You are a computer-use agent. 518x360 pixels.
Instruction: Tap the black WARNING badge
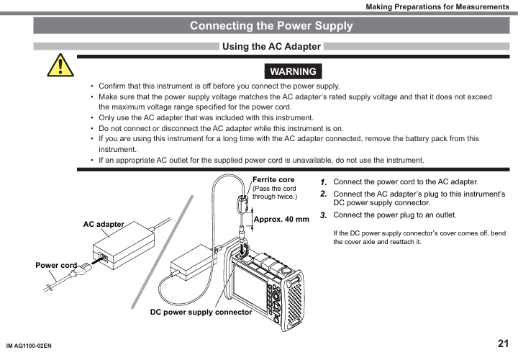click(293, 71)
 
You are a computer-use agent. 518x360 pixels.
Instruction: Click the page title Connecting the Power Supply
click(271, 26)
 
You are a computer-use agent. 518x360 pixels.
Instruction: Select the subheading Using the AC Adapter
click(271, 47)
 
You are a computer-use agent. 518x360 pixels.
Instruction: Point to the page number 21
click(503, 343)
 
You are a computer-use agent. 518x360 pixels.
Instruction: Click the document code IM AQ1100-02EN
click(29, 346)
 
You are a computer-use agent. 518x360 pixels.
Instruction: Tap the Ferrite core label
click(273, 179)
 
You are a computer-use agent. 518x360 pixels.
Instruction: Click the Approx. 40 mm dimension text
click(281, 219)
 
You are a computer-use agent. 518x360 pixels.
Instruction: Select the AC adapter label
click(104, 225)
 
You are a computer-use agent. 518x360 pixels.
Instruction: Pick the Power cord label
click(56, 266)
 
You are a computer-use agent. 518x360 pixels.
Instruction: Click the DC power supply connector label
click(201, 312)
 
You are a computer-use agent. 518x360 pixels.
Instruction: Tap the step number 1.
click(324, 182)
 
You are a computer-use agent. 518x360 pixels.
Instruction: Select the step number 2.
click(324, 194)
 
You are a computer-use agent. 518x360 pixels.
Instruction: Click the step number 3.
click(324, 215)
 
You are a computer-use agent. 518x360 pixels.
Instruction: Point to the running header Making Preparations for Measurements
click(437, 6)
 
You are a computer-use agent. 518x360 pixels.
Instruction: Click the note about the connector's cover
click(419, 238)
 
